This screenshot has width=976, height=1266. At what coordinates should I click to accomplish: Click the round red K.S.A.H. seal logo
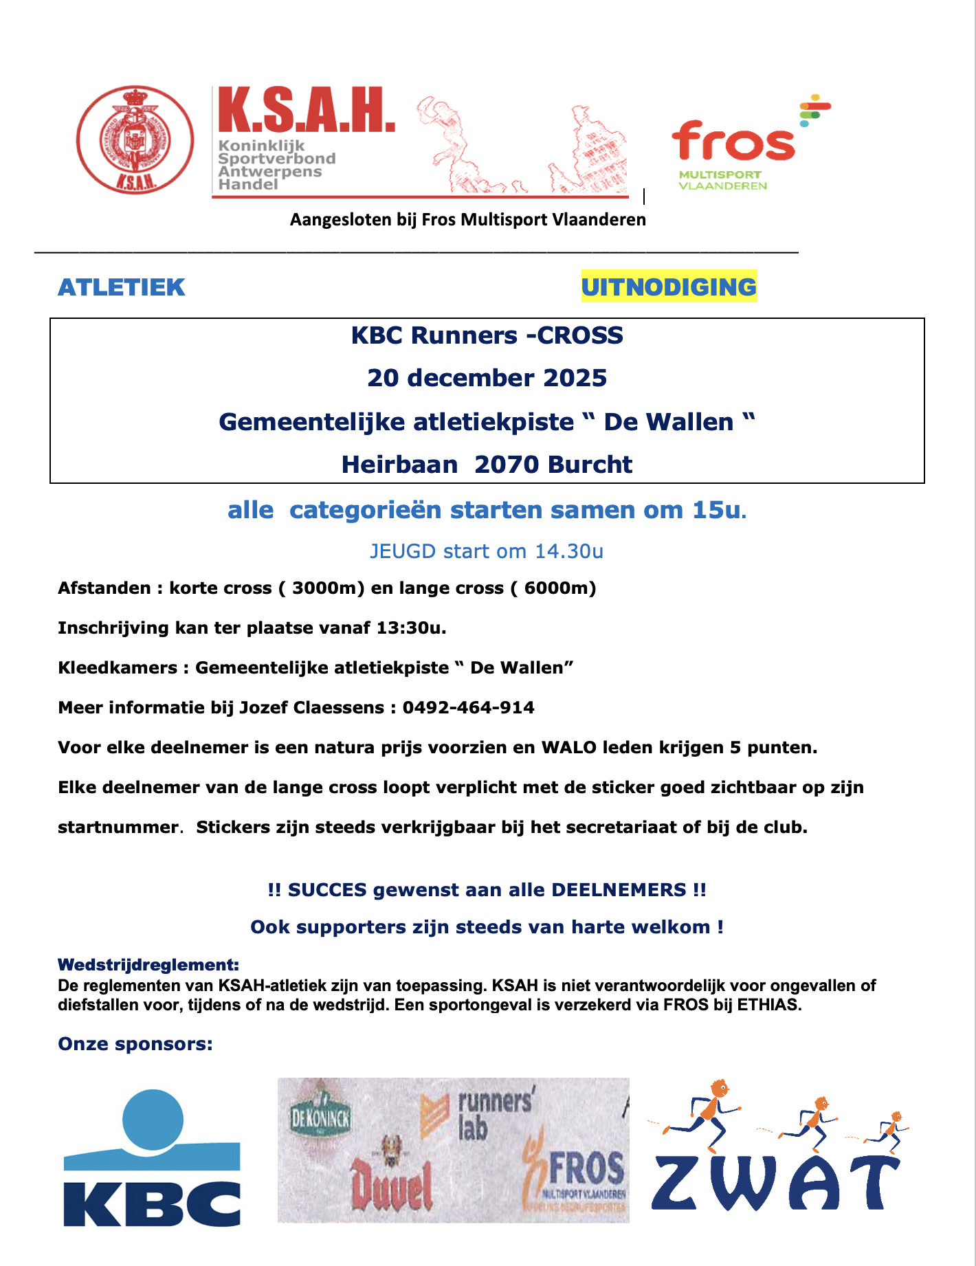135,140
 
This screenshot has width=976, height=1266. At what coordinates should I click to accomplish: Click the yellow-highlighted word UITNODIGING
668,287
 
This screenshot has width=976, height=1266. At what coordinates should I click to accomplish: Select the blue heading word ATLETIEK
122,287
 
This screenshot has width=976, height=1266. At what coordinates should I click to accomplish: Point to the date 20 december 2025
487,378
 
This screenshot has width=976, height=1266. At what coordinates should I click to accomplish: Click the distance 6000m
559,588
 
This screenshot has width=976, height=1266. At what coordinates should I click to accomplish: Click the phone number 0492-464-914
468,708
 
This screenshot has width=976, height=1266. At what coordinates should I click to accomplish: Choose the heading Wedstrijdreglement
148,965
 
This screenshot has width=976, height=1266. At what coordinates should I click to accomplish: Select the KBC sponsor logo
152,1158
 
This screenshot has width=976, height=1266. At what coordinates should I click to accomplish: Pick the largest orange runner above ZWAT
708,1113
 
